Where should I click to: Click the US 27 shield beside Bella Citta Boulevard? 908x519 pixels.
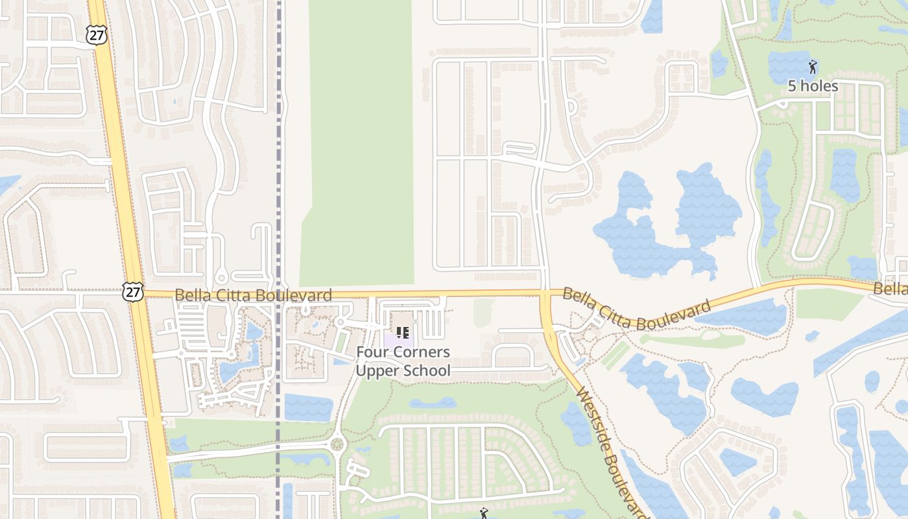132,292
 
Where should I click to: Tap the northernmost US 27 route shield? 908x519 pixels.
96,35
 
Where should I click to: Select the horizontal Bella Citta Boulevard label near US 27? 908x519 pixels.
253,296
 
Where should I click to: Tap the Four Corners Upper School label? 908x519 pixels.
403,361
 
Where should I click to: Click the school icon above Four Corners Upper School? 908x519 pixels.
403,333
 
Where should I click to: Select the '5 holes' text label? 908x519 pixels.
813,86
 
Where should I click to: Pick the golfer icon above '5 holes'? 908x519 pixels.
813,66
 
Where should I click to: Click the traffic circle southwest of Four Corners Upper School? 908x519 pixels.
336,444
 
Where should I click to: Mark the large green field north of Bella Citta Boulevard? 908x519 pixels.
360,143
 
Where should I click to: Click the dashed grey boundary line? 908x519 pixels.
279,162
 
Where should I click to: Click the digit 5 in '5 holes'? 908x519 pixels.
792,86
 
